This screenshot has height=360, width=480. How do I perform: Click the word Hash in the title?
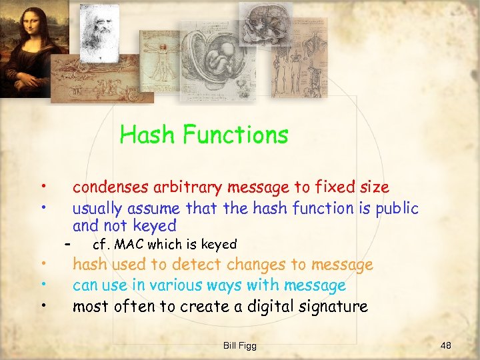[147, 135]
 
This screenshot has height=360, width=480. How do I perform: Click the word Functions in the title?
[235, 135]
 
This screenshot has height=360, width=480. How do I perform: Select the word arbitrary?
[191, 188]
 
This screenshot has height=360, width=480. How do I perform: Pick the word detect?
[185, 265]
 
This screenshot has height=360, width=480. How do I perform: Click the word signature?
[331, 307]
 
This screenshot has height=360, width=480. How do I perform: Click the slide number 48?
[446, 345]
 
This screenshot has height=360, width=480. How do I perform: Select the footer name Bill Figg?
[240, 345]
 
